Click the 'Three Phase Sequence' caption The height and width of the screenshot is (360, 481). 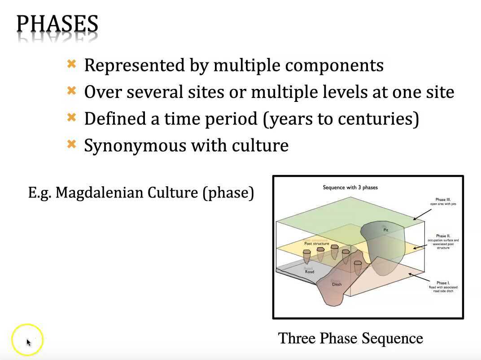pos(350,338)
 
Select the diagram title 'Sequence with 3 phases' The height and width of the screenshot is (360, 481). pos(350,187)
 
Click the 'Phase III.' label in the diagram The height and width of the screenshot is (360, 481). pos(443,200)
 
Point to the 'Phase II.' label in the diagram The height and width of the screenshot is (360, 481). pos(443,236)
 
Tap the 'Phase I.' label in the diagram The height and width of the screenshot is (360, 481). pos(443,283)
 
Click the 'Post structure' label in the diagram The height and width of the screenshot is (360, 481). pos(316,243)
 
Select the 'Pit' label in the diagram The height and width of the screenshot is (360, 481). pos(385,230)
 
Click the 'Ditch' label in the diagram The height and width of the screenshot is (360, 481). pos(337,284)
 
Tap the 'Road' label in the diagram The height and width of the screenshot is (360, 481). pos(309,272)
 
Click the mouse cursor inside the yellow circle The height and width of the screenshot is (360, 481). pos(28,342)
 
